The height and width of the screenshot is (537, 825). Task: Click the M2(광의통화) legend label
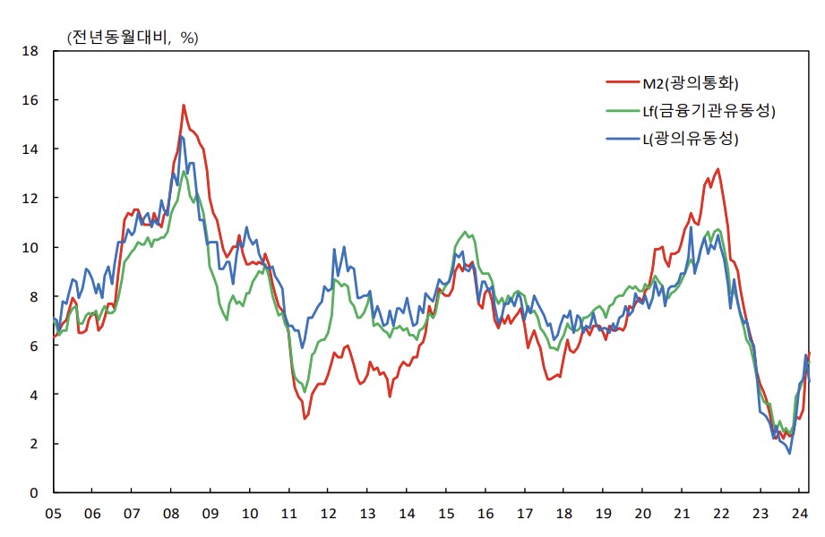[690, 83]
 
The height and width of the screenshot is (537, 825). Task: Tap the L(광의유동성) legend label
[694, 139]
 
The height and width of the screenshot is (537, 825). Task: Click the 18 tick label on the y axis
[31, 51]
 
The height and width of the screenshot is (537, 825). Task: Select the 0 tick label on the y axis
[35, 493]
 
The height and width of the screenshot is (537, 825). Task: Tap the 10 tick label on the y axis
[31, 247]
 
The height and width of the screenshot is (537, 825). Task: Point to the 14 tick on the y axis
[31, 149]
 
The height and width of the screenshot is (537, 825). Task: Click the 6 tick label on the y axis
[35, 345]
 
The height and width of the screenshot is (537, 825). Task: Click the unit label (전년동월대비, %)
[133, 37]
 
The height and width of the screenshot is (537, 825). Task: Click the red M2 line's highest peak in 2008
[184, 105]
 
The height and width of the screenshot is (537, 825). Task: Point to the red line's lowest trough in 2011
[305, 418]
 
